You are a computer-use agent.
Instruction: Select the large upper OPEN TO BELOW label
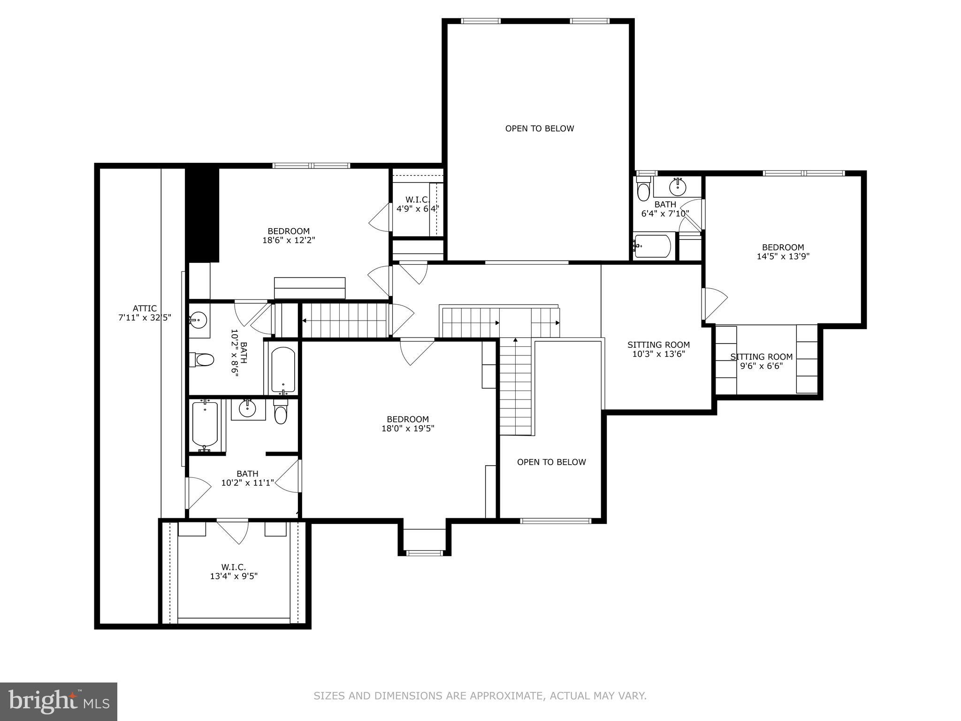pos(539,129)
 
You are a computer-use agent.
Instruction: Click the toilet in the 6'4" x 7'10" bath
pos(643,190)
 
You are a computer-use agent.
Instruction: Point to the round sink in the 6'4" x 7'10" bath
pos(677,188)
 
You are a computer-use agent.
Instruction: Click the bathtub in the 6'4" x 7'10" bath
pos(652,246)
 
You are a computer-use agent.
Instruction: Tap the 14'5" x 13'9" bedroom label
pos(783,252)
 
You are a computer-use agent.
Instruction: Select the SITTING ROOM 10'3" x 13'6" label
pos(658,349)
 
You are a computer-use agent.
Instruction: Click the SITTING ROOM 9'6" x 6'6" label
pos(761,361)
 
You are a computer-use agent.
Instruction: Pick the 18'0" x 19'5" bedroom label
pos(407,424)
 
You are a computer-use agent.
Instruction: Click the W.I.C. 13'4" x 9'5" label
pos(234,571)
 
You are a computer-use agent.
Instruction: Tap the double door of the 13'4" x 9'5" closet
pos(233,530)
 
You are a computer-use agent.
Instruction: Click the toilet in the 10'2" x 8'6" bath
pos(203,360)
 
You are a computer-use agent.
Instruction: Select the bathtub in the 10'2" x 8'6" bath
pos(283,370)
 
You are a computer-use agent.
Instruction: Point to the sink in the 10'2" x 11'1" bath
pos(247,409)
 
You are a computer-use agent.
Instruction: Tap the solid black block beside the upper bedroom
pos(203,215)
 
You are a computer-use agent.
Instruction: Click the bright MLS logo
pos(59,702)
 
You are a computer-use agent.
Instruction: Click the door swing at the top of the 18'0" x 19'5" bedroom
pos(417,351)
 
